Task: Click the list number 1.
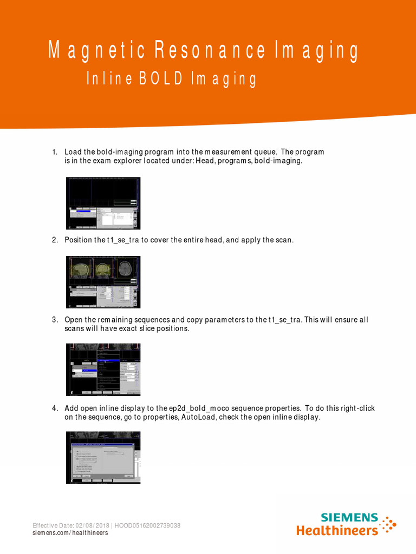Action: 54,152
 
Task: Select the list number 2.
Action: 54,240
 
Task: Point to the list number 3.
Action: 54,320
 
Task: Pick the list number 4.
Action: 54,408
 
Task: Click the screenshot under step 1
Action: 103,203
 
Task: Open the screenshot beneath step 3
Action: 103,370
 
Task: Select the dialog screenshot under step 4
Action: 103,457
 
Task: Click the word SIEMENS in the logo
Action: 349,517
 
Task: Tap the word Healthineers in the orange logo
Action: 337,530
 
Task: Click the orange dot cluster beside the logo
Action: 388,524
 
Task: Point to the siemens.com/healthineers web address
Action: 70,533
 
